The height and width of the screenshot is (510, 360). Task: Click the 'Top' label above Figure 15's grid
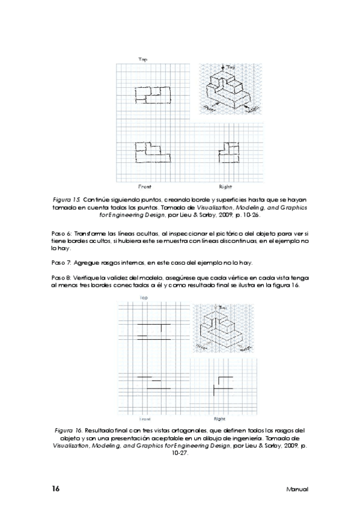(x=143, y=60)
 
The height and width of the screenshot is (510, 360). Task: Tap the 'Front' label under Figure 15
(x=144, y=186)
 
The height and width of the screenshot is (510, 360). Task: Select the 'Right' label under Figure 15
(x=226, y=186)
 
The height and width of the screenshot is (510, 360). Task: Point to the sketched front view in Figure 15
(x=151, y=153)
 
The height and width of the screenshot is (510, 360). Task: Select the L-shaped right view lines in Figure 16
(x=222, y=385)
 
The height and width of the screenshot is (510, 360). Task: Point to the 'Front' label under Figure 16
(x=145, y=419)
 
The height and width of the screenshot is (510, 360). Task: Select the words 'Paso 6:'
(x=62, y=233)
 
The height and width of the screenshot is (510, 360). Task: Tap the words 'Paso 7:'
(x=62, y=263)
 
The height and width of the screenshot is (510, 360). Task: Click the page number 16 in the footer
(x=55, y=488)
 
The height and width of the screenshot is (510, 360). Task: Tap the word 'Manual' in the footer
(x=297, y=490)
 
